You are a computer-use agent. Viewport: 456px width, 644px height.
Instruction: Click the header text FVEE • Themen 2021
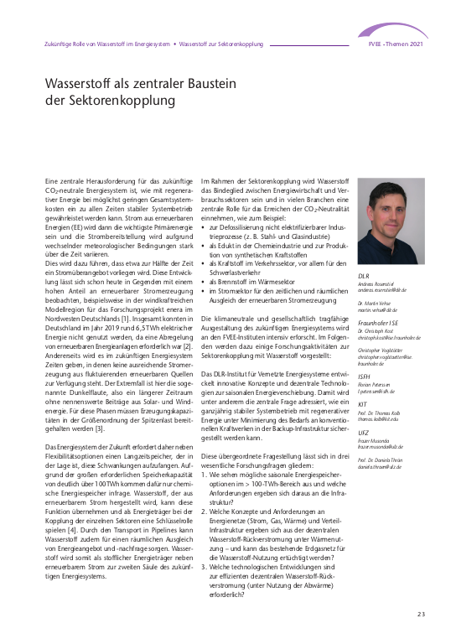tap(397, 42)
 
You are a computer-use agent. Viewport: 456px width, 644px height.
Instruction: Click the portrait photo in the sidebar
tap(391, 221)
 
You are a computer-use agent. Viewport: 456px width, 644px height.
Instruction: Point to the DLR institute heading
tap(364, 275)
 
